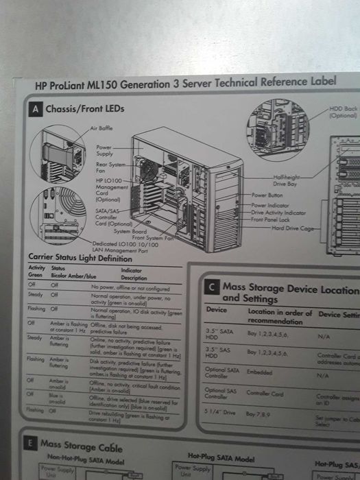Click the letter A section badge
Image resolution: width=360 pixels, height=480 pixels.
pos(35,110)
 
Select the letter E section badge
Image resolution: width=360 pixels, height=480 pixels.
pos(29,444)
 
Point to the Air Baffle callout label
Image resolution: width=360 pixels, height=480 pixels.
pos(101,129)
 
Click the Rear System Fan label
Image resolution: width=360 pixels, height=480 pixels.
pos(110,167)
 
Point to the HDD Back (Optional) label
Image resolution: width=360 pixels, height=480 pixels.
pos(343,112)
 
